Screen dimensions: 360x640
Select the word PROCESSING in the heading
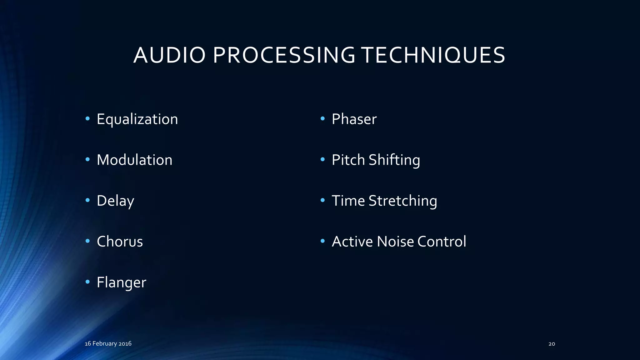(284, 55)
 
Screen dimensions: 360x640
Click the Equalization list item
(137, 119)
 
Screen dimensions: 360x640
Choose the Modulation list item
(134, 160)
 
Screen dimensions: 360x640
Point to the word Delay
(115, 201)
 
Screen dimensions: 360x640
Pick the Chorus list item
(120, 242)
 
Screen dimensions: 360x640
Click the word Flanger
(121, 282)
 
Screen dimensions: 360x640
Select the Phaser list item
(354, 119)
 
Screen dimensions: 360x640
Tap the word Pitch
(348, 160)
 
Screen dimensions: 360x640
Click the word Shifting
(394, 160)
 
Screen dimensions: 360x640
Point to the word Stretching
(403, 201)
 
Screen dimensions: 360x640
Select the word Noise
(395, 242)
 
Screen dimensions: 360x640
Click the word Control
(442, 242)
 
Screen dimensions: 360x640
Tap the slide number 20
(552, 344)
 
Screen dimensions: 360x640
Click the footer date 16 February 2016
(108, 343)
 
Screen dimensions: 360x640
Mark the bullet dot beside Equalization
(87, 119)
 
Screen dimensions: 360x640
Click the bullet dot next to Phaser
(322, 119)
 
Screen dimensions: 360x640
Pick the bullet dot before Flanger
(87, 282)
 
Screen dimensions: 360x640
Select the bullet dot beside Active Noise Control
(322, 241)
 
